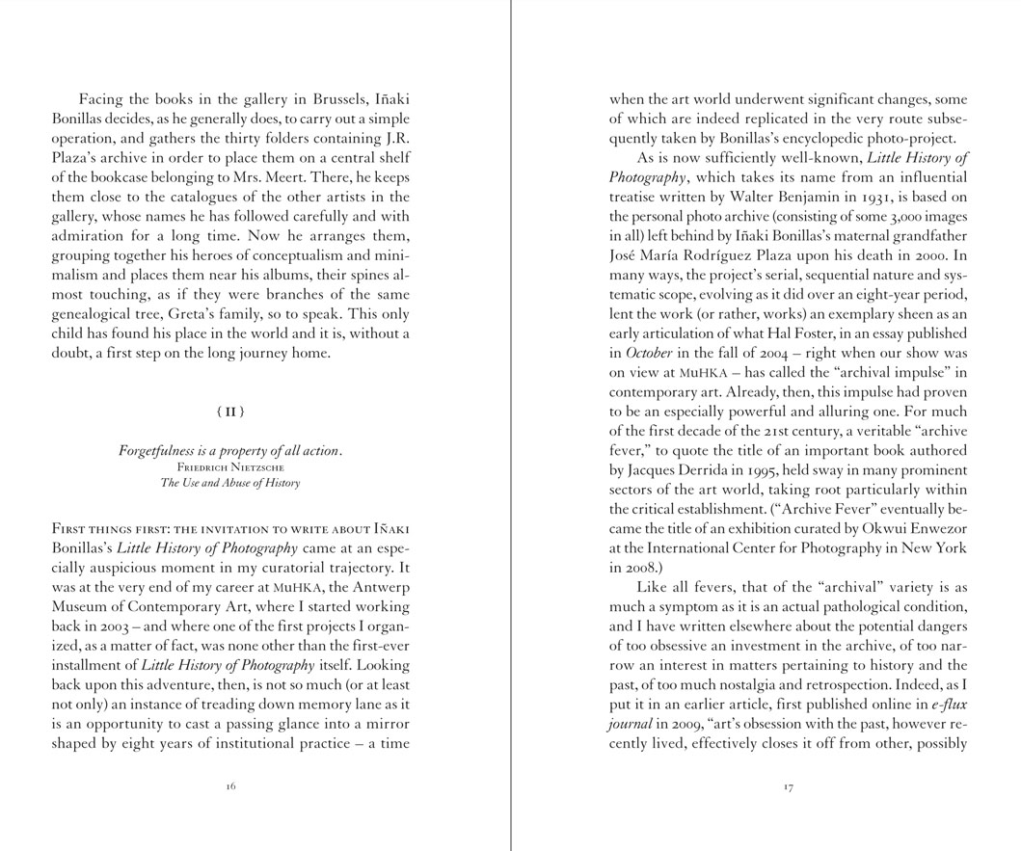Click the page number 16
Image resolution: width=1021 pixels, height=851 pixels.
click(x=230, y=786)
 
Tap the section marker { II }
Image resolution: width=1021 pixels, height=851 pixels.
click(x=230, y=412)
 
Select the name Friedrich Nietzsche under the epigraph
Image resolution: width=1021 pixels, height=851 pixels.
click(x=230, y=467)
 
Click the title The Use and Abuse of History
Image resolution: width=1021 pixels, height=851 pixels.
click(x=230, y=483)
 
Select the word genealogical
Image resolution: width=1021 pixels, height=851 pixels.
click(x=95, y=314)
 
